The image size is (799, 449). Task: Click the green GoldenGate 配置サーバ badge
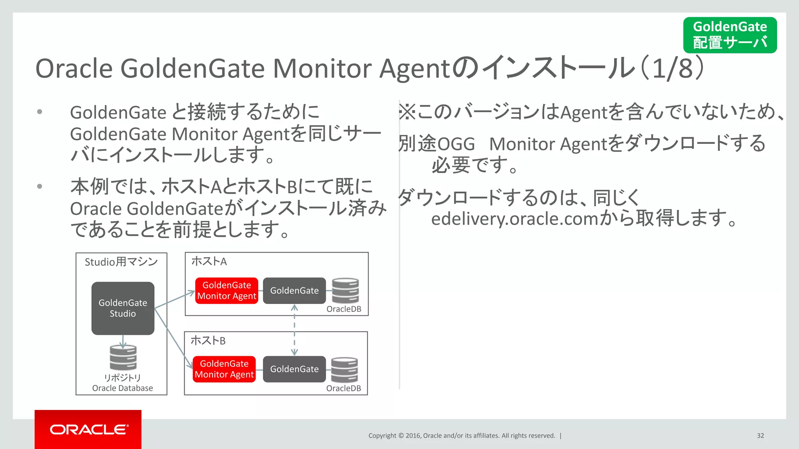(730, 35)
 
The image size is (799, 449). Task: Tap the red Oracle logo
(88, 429)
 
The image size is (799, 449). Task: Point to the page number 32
(760, 435)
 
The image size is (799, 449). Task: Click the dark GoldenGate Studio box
(123, 308)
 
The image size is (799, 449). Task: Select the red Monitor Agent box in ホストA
(227, 291)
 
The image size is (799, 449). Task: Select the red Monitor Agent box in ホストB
(224, 369)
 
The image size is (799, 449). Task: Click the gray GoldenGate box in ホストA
(294, 291)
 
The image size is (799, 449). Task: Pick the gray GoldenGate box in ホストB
(294, 369)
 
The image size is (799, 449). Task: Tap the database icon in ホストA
(345, 290)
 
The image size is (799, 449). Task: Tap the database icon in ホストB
(344, 369)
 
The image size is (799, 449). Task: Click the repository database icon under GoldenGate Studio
(123, 357)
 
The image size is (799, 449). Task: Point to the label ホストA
(209, 261)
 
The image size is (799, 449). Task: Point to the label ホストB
(208, 341)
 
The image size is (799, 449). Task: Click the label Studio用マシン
(121, 262)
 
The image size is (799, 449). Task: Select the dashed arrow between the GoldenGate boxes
(295, 330)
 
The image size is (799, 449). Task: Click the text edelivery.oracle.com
(515, 219)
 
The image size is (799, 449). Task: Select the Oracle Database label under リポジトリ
(123, 388)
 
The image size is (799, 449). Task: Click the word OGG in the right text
(456, 144)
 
